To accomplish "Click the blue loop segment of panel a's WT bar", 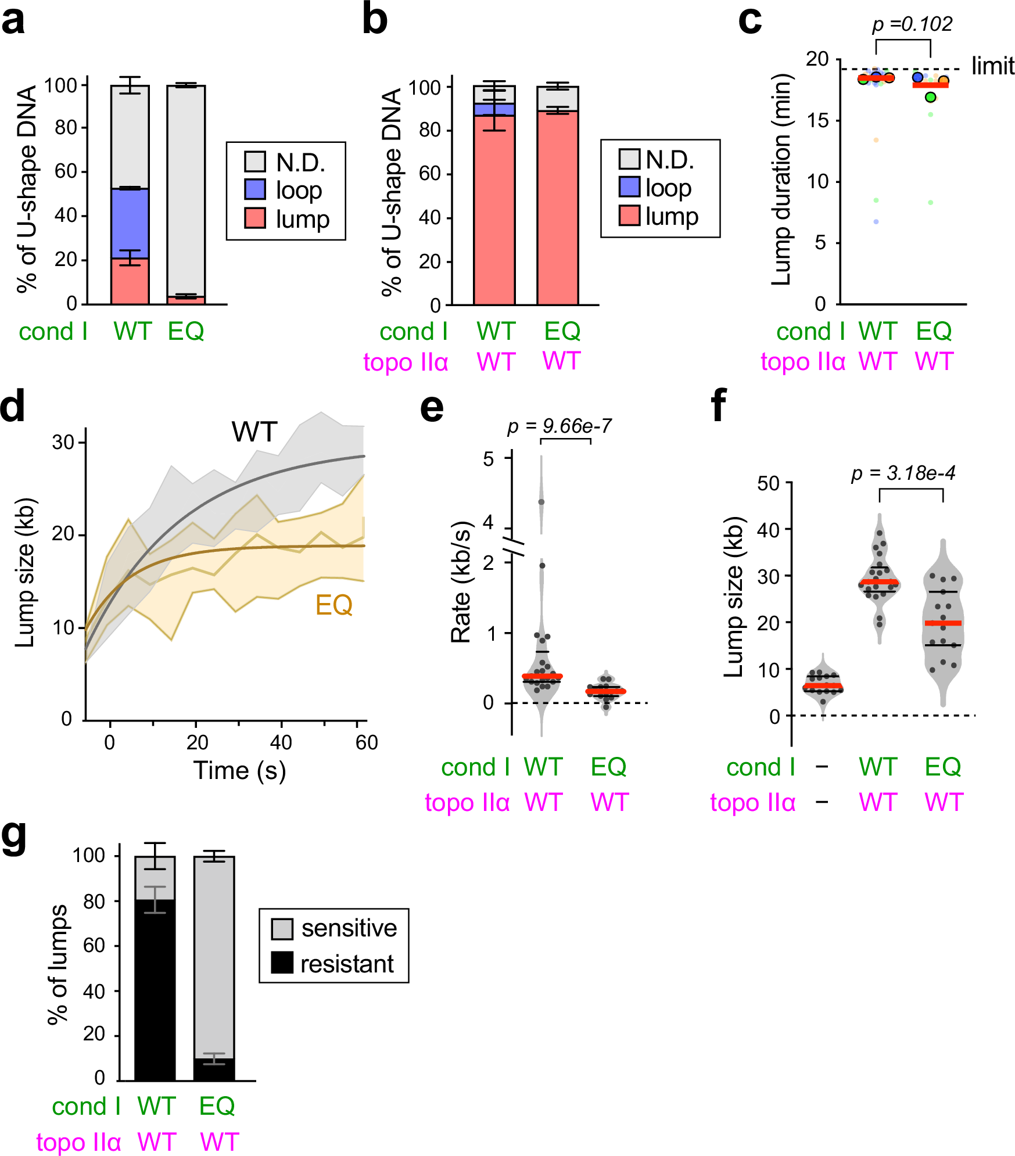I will [x=130, y=223].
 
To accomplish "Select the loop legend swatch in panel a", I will [x=255, y=189].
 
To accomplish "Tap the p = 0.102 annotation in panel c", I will [x=912, y=24].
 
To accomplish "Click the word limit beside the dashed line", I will [x=992, y=66].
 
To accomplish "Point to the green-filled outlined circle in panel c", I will [x=931, y=97].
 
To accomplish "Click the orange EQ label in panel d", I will [x=333, y=605].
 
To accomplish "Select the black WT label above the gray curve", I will [x=254, y=432].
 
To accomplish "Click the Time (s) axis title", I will [x=239, y=770].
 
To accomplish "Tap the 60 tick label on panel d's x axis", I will [x=366, y=742].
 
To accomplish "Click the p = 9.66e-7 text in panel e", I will [x=559, y=426].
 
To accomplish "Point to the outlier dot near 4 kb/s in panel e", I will [x=541, y=502].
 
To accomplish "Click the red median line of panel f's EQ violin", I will [x=942, y=623].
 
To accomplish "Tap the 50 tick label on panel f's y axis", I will [x=768, y=483].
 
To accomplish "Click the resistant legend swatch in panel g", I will [x=282, y=963].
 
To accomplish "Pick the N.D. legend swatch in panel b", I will [x=629, y=159].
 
